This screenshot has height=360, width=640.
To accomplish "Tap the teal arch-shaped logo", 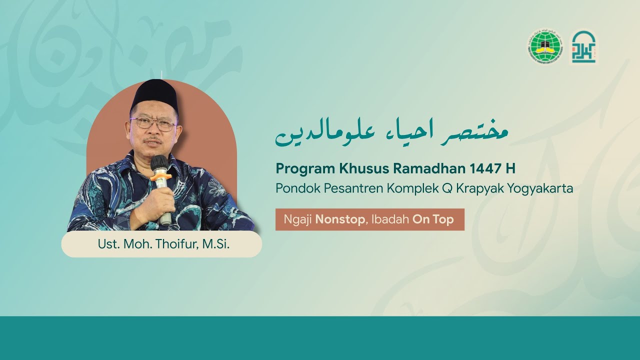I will [x=583, y=47].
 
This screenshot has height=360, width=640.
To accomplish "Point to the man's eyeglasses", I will [x=152, y=123].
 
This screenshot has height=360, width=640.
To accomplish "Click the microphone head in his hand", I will [x=159, y=163].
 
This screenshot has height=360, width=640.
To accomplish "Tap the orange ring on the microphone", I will [x=160, y=176].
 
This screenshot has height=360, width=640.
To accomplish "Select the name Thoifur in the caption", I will [x=179, y=244].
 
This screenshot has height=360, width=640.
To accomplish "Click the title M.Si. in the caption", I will [x=216, y=244].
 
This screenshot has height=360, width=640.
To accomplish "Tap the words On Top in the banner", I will [x=433, y=220].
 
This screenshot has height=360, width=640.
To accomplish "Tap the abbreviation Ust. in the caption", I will [x=107, y=244].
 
